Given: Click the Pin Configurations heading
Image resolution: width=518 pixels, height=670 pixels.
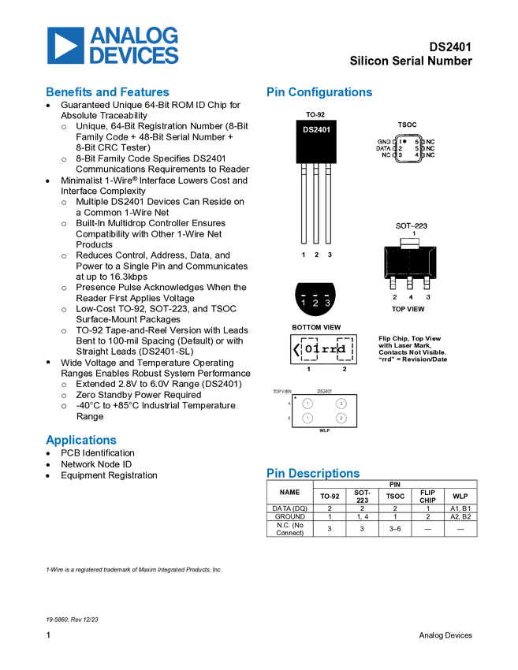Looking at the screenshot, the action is pos(319,92).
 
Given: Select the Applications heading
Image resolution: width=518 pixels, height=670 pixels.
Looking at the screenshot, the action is pos(81,440).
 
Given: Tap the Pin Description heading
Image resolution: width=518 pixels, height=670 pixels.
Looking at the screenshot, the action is pos(313,473).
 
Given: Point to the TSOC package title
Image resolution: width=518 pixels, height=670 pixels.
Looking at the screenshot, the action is pos(407,125).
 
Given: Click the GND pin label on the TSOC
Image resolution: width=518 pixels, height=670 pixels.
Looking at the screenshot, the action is pos(383,141).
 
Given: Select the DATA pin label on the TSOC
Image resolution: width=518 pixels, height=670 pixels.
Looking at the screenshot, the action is pos(382,148).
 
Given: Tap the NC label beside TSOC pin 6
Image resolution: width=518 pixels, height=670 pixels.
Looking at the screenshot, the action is pos(430,141).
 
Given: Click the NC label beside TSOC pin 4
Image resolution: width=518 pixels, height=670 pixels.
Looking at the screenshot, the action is pos(430,155).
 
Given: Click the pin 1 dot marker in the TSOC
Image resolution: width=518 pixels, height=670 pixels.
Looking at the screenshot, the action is pos(405,141).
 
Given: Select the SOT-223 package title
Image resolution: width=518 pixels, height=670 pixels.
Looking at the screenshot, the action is pos(411,225).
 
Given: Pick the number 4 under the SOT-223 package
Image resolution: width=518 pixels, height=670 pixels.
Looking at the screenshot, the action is pos(410,297).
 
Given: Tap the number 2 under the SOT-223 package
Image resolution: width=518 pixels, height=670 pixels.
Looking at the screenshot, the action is pos(394,297).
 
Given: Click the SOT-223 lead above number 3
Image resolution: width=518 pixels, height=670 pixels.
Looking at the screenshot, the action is pos(427,281).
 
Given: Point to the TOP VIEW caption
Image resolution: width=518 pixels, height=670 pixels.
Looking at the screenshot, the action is pos(408,310).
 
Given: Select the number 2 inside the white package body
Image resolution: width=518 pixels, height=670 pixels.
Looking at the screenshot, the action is pos(316,255).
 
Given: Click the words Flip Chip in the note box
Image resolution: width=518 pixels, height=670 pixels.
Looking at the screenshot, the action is pos(393,338).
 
